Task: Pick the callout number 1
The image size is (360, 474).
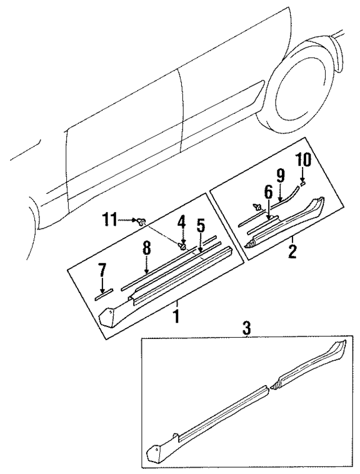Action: click(x=177, y=316)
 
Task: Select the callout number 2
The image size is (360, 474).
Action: click(x=292, y=250)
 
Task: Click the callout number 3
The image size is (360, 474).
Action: click(x=246, y=328)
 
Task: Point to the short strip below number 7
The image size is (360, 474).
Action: click(x=103, y=293)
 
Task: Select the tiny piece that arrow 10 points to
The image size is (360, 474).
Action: click(x=302, y=182)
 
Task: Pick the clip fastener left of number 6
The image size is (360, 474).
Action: click(x=258, y=206)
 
